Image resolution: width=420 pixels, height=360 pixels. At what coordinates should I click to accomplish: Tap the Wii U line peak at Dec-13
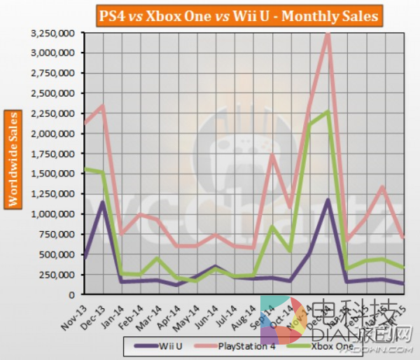pos(102,202)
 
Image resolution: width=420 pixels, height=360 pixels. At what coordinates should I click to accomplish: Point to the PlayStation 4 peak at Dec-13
pos(103,106)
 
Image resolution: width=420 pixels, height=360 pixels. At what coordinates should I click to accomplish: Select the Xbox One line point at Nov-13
pos(84,169)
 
